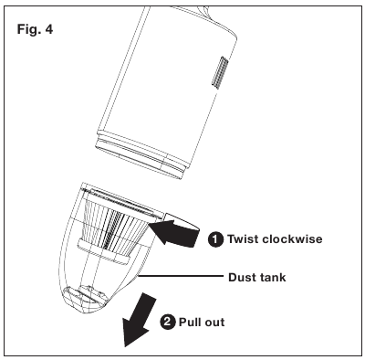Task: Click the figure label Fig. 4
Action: (x=35, y=29)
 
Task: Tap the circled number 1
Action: (x=215, y=239)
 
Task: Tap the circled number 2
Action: (x=168, y=322)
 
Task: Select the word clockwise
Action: (x=292, y=238)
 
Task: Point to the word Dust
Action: (x=241, y=278)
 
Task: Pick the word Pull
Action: (x=190, y=322)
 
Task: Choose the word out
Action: (x=214, y=323)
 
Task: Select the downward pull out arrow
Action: (x=139, y=320)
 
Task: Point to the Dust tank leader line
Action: (x=181, y=276)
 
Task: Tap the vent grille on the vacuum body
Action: (x=220, y=72)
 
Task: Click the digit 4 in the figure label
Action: (x=48, y=29)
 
